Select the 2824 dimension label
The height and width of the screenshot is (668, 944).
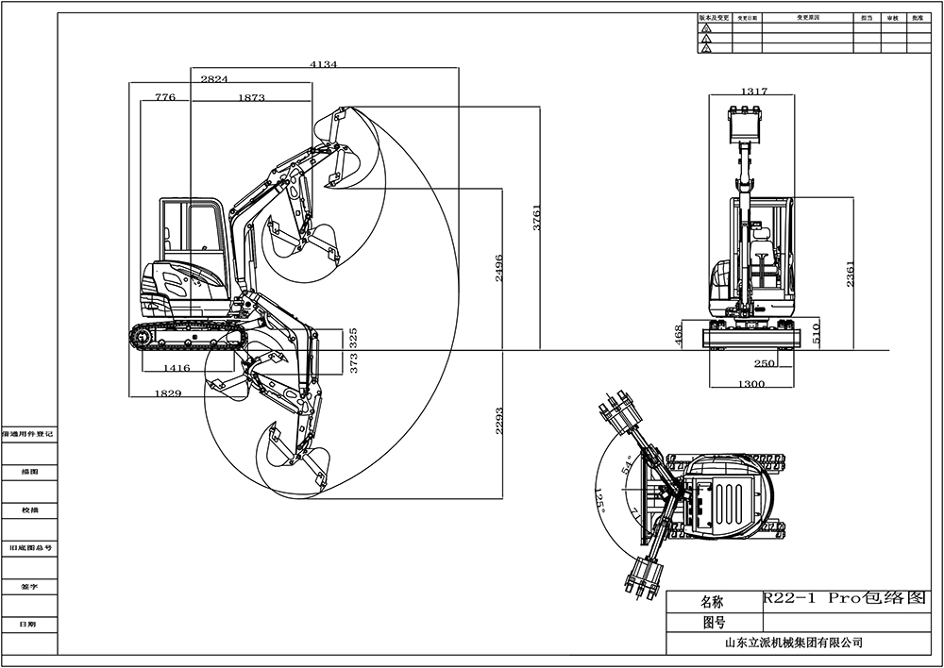tap(214, 80)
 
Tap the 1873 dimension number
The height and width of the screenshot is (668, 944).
tap(251, 97)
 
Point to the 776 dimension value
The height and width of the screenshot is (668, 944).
tap(165, 97)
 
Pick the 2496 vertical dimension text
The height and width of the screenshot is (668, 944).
tap(498, 269)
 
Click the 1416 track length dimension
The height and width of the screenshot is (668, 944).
tap(177, 368)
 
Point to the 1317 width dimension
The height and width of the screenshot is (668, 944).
tap(753, 92)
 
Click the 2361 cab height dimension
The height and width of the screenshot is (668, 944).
tap(851, 275)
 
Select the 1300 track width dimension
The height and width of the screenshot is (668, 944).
tap(751, 384)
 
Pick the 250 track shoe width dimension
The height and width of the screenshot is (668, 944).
tap(765, 363)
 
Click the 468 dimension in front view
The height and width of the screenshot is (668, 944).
tap(678, 337)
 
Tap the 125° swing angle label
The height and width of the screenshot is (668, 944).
tap(598, 499)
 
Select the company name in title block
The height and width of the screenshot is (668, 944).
tap(793, 643)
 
